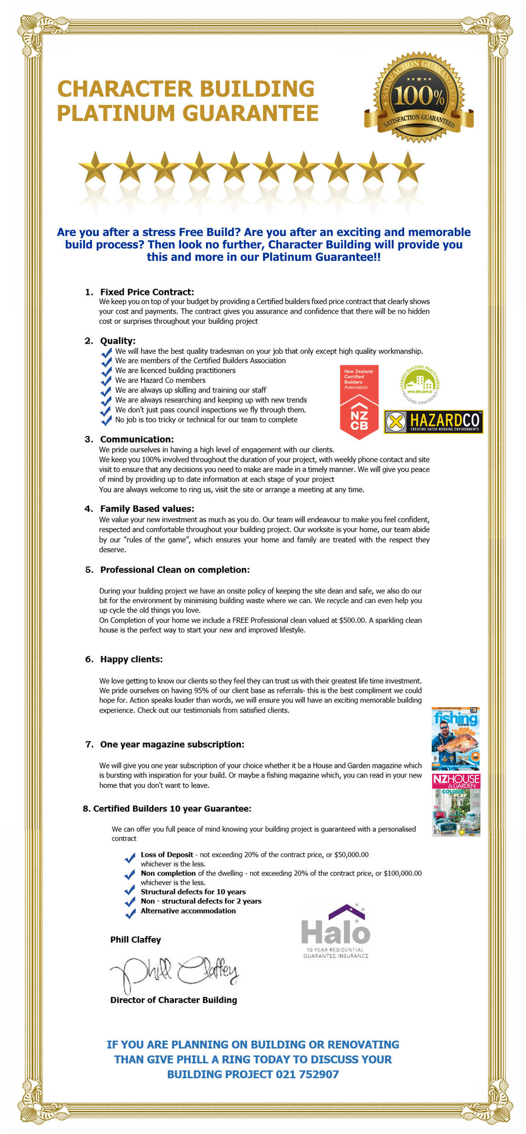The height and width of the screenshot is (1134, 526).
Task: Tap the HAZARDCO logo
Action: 433,421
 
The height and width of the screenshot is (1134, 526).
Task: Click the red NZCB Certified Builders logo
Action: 359,402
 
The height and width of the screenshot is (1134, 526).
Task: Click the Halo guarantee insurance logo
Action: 336,932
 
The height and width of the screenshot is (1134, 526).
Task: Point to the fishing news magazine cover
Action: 455,738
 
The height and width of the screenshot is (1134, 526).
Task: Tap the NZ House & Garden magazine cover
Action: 456,805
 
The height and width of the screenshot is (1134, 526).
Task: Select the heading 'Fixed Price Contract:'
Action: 147,292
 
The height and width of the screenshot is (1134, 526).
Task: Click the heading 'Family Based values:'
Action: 147,509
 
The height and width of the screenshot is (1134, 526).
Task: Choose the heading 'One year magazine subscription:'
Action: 172,744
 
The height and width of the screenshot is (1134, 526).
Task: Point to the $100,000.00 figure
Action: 402,873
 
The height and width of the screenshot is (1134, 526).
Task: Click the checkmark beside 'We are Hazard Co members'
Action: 106,381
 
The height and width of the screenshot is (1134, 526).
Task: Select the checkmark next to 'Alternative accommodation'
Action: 130,913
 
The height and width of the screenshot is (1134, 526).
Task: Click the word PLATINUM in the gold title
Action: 116,114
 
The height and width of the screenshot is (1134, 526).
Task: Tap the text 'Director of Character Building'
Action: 173,1000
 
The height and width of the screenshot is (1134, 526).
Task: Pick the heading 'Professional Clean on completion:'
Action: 175,570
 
